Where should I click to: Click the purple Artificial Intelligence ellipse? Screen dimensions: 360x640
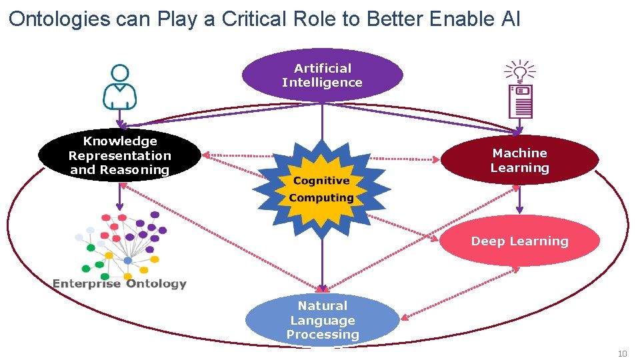pos(322,75)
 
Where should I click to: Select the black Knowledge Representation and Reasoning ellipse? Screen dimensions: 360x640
pos(120,155)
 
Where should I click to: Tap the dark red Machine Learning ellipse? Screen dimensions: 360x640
pos(520,161)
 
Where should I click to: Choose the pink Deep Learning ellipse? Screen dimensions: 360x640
pos(520,241)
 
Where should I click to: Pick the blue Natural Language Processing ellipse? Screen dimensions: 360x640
pos(323,320)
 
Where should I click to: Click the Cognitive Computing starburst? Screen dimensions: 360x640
pos(322,189)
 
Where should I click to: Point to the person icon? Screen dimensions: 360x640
pos(120,87)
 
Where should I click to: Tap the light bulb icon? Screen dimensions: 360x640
pos(520,71)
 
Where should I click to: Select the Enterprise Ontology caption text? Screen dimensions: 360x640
pos(120,284)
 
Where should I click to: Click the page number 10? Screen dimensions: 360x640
pos(623,353)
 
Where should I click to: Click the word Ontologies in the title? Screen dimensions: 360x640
pos(59,19)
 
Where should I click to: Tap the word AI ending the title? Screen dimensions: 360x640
pos(509,19)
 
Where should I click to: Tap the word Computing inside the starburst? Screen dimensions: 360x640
pos(321,198)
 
